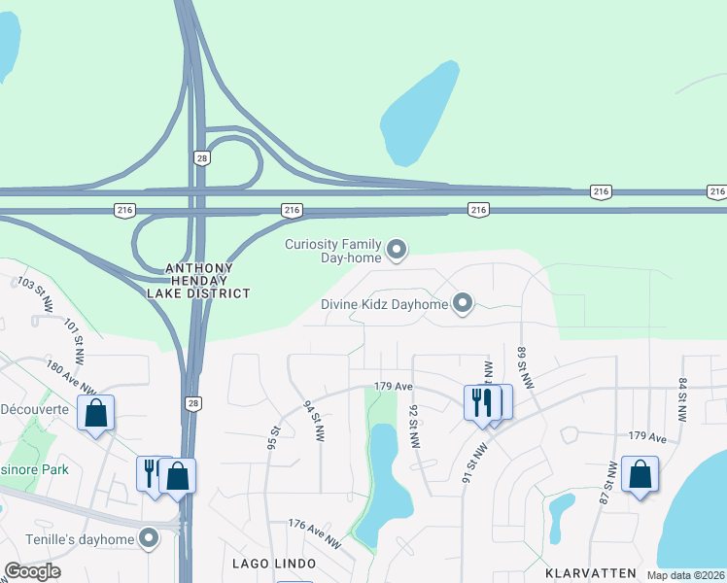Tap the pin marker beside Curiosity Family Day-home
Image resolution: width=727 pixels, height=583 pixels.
(x=397, y=251)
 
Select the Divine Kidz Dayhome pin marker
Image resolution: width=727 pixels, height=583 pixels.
(x=463, y=305)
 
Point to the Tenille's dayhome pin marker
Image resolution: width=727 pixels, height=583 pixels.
(x=149, y=537)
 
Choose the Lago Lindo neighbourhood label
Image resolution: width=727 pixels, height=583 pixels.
(x=274, y=564)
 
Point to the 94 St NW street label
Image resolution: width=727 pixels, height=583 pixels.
(x=312, y=419)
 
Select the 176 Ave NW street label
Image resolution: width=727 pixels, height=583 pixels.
(x=315, y=532)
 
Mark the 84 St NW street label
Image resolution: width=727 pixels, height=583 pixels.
(x=683, y=399)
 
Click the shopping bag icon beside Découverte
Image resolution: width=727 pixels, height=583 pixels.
(x=96, y=414)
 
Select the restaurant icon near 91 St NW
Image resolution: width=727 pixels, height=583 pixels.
(x=482, y=401)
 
